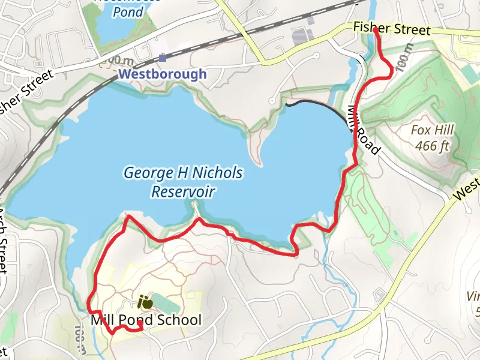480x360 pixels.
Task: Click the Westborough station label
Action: coord(163,74)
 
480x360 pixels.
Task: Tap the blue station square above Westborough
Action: coord(163,58)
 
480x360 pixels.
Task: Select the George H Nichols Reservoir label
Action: coord(183,182)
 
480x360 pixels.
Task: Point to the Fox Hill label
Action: coord(432,130)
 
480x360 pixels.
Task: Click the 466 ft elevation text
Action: coord(432,145)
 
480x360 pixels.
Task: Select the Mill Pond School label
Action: coord(146,320)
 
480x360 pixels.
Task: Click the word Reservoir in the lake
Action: coord(183,192)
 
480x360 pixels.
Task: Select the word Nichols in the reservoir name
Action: coord(218,173)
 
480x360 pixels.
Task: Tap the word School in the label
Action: coord(179,320)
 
